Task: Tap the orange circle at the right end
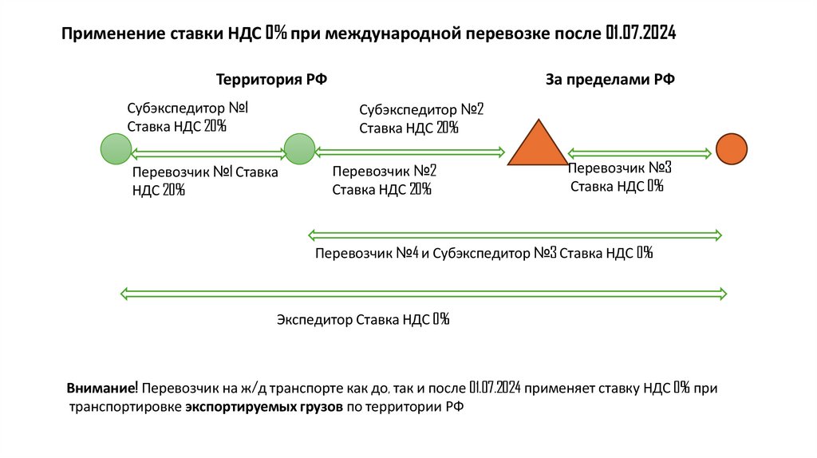click(x=731, y=149)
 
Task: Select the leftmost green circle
click(x=116, y=150)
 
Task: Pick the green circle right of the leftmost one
click(x=300, y=149)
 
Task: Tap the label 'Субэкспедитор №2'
click(x=421, y=109)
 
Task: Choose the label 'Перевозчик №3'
click(x=619, y=168)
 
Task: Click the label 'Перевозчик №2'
click(x=384, y=171)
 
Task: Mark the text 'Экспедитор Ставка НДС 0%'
click(x=363, y=320)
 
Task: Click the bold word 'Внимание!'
click(x=103, y=388)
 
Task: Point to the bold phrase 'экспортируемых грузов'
click(x=265, y=407)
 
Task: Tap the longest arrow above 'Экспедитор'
click(x=423, y=294)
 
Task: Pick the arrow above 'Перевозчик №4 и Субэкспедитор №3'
click(x=515, y=235)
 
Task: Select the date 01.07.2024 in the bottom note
click(x=495, y=388)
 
